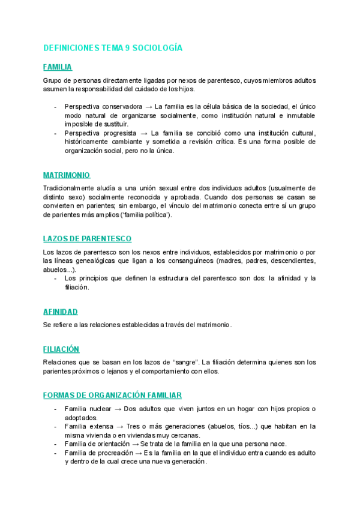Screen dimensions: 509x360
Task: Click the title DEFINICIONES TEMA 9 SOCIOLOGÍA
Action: [x=113, y=48]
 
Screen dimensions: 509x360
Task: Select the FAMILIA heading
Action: [x=58, y=67]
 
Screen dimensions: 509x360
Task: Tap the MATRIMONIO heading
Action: [x=67, y=175]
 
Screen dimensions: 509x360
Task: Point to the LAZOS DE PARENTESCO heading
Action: [x=87, y=238]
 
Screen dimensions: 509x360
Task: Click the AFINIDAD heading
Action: [x=60, y=312]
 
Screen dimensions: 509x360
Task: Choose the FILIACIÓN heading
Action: [x=61, y=349]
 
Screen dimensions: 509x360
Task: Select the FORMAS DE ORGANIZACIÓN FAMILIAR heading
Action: [x=112, y=395]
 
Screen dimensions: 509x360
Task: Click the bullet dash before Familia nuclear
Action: [x=55, y=409]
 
